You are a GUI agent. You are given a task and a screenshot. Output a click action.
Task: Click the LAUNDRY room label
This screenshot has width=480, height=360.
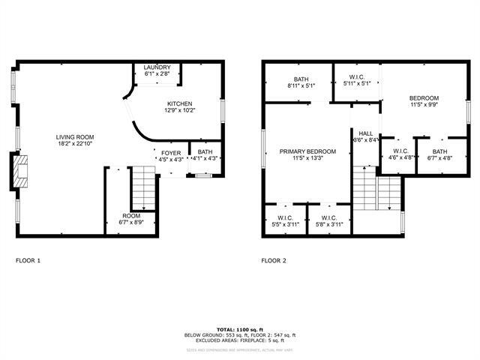[x=157, y=67]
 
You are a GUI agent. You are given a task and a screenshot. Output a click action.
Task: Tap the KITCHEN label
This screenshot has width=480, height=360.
[x=180, y=103]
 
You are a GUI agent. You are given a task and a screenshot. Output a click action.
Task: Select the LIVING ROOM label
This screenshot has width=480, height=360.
[x=79, y=137]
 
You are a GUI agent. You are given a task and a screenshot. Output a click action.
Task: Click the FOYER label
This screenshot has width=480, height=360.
[x=170, y=152]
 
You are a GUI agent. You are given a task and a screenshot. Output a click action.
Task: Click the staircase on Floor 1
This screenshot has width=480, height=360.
[x=142, y=188]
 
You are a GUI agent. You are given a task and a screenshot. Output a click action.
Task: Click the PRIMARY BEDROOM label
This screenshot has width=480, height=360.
[x=307, y=151]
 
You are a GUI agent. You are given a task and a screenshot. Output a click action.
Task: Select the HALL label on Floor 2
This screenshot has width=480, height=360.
[x=365, y=133]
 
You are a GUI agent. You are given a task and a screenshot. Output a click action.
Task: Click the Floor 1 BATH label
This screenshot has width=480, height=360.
[x=205, y=152]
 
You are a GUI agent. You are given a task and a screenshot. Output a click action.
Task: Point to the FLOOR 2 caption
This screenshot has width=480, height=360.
[x=274, y=261]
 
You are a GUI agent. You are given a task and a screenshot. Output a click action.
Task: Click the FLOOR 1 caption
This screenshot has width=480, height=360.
[x=28, y=261]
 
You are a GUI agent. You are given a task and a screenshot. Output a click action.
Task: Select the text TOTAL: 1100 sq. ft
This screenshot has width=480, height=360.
[x=240, y=329]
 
